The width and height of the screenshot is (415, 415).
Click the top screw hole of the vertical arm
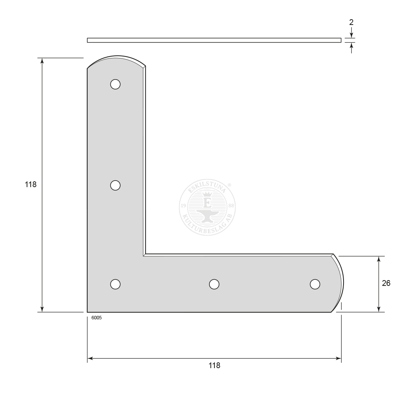(115, 84)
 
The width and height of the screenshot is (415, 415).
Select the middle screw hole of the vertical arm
(115, 185)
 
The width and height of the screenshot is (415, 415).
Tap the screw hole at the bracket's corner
(115, 284)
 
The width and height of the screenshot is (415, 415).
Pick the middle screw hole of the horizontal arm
(214, 284)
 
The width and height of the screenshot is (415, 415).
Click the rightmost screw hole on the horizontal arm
(315, 284)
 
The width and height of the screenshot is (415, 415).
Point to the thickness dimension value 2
(351, 23)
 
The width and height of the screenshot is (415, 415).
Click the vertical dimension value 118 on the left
(31, 184)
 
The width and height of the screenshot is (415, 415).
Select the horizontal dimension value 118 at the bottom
(214, 365)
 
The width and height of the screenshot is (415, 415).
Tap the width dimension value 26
(386, 283)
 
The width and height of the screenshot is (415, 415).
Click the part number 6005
(96, 318)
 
